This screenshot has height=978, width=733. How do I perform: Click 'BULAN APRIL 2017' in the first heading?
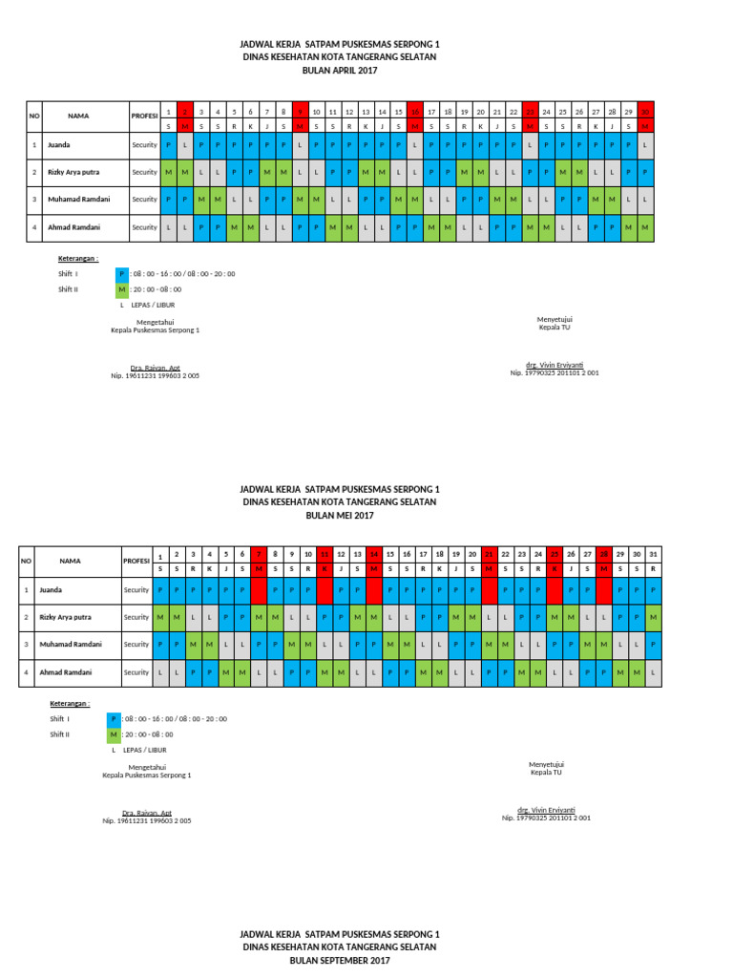[x=341, y=71]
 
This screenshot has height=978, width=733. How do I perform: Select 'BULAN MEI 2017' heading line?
[x=341, y=515]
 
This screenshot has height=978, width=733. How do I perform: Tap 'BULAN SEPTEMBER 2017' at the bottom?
[x=341, y=960]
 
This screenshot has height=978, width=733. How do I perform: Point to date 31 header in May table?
[x=653, y=555]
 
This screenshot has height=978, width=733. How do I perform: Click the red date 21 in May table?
[x=489, y=555]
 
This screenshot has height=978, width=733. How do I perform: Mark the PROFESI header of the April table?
[x=144, y=116]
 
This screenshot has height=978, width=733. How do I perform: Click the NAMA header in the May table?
[x=70, y=561]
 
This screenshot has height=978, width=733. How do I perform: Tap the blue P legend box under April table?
[x=121, y=273]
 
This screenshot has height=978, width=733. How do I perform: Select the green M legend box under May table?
[x=114, y=733]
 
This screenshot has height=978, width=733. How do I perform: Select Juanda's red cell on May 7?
[x=259, y=590]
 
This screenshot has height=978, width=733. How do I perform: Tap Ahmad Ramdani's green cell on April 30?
[x=645, y=227]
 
